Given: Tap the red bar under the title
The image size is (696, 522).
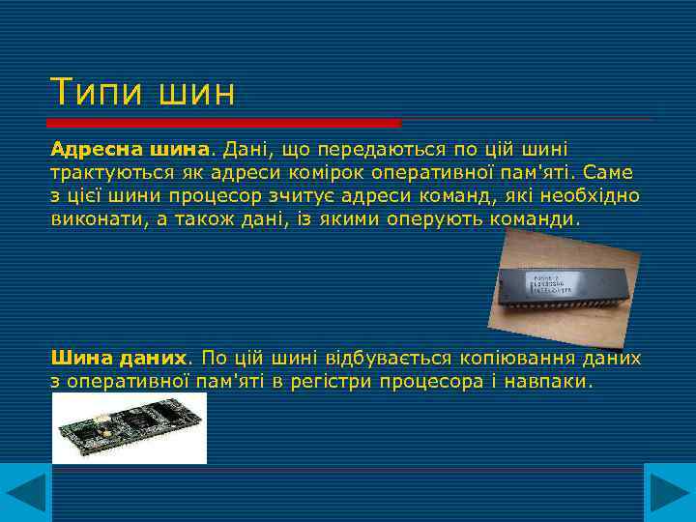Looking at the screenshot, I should point(224,123).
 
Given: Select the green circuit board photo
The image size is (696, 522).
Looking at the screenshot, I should point(129,428).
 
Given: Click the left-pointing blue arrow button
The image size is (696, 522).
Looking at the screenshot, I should point(25,494).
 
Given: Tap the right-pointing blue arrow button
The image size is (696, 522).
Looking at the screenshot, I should point(669,494).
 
